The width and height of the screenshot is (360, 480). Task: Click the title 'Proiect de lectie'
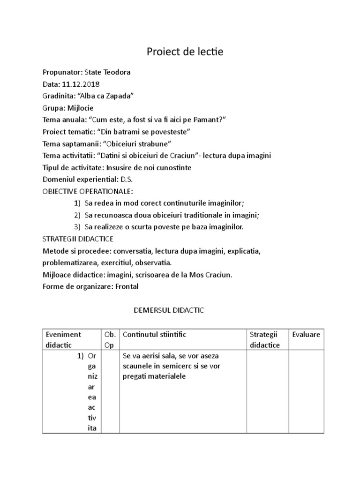point(185,52)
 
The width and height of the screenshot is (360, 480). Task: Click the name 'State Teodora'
point(107,72)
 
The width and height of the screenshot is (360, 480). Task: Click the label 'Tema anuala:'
point(63,120)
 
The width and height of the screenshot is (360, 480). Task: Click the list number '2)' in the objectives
point(77,215)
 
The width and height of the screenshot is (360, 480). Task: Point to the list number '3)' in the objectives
point(77,227)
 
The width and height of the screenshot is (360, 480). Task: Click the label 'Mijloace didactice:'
point(73,275)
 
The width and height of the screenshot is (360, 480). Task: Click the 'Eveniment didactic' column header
point(63,339)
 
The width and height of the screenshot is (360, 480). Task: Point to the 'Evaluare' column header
point(306,334)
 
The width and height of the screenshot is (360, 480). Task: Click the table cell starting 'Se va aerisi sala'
point(173,366)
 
